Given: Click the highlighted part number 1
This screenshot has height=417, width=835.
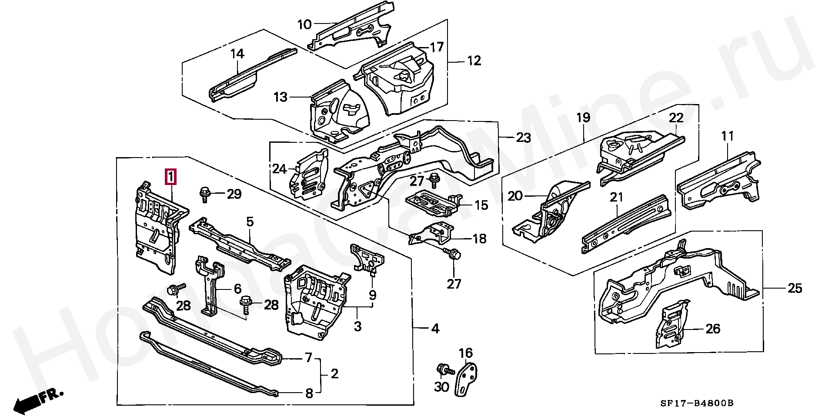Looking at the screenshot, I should pos(171,177).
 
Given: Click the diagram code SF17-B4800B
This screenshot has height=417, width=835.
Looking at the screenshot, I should pos(697,403).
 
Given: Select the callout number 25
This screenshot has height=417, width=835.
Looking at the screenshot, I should pos(795,288).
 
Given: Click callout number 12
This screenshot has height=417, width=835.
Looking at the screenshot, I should pos(474,61).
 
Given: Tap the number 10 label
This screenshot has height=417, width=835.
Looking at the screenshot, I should pos(304,25).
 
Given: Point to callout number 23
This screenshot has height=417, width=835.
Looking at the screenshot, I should pos(523,138).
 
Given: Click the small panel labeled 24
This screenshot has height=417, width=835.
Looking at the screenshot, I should pos(310,174).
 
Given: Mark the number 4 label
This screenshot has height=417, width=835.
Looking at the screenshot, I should pos(435,329).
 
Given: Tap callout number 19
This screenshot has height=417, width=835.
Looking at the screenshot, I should pos(583,118).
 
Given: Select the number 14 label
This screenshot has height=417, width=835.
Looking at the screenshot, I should pos(237,54).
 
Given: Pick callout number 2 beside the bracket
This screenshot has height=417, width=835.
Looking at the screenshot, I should pos(334,374).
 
